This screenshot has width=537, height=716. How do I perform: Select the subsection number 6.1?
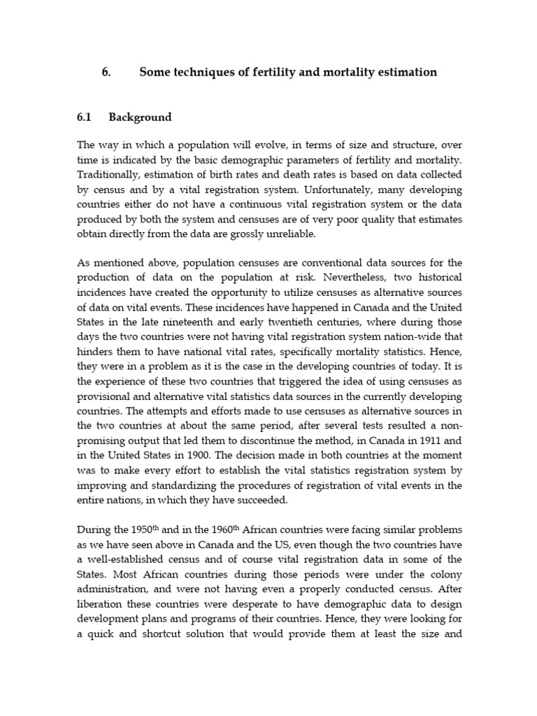(85, 117)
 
